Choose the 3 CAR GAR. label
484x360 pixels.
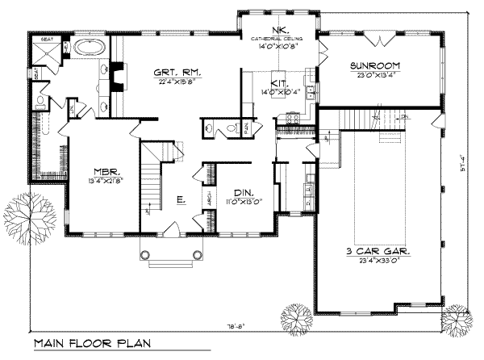[376, 253]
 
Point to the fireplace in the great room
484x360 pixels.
[119, 78]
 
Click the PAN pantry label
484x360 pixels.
[245, 128]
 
